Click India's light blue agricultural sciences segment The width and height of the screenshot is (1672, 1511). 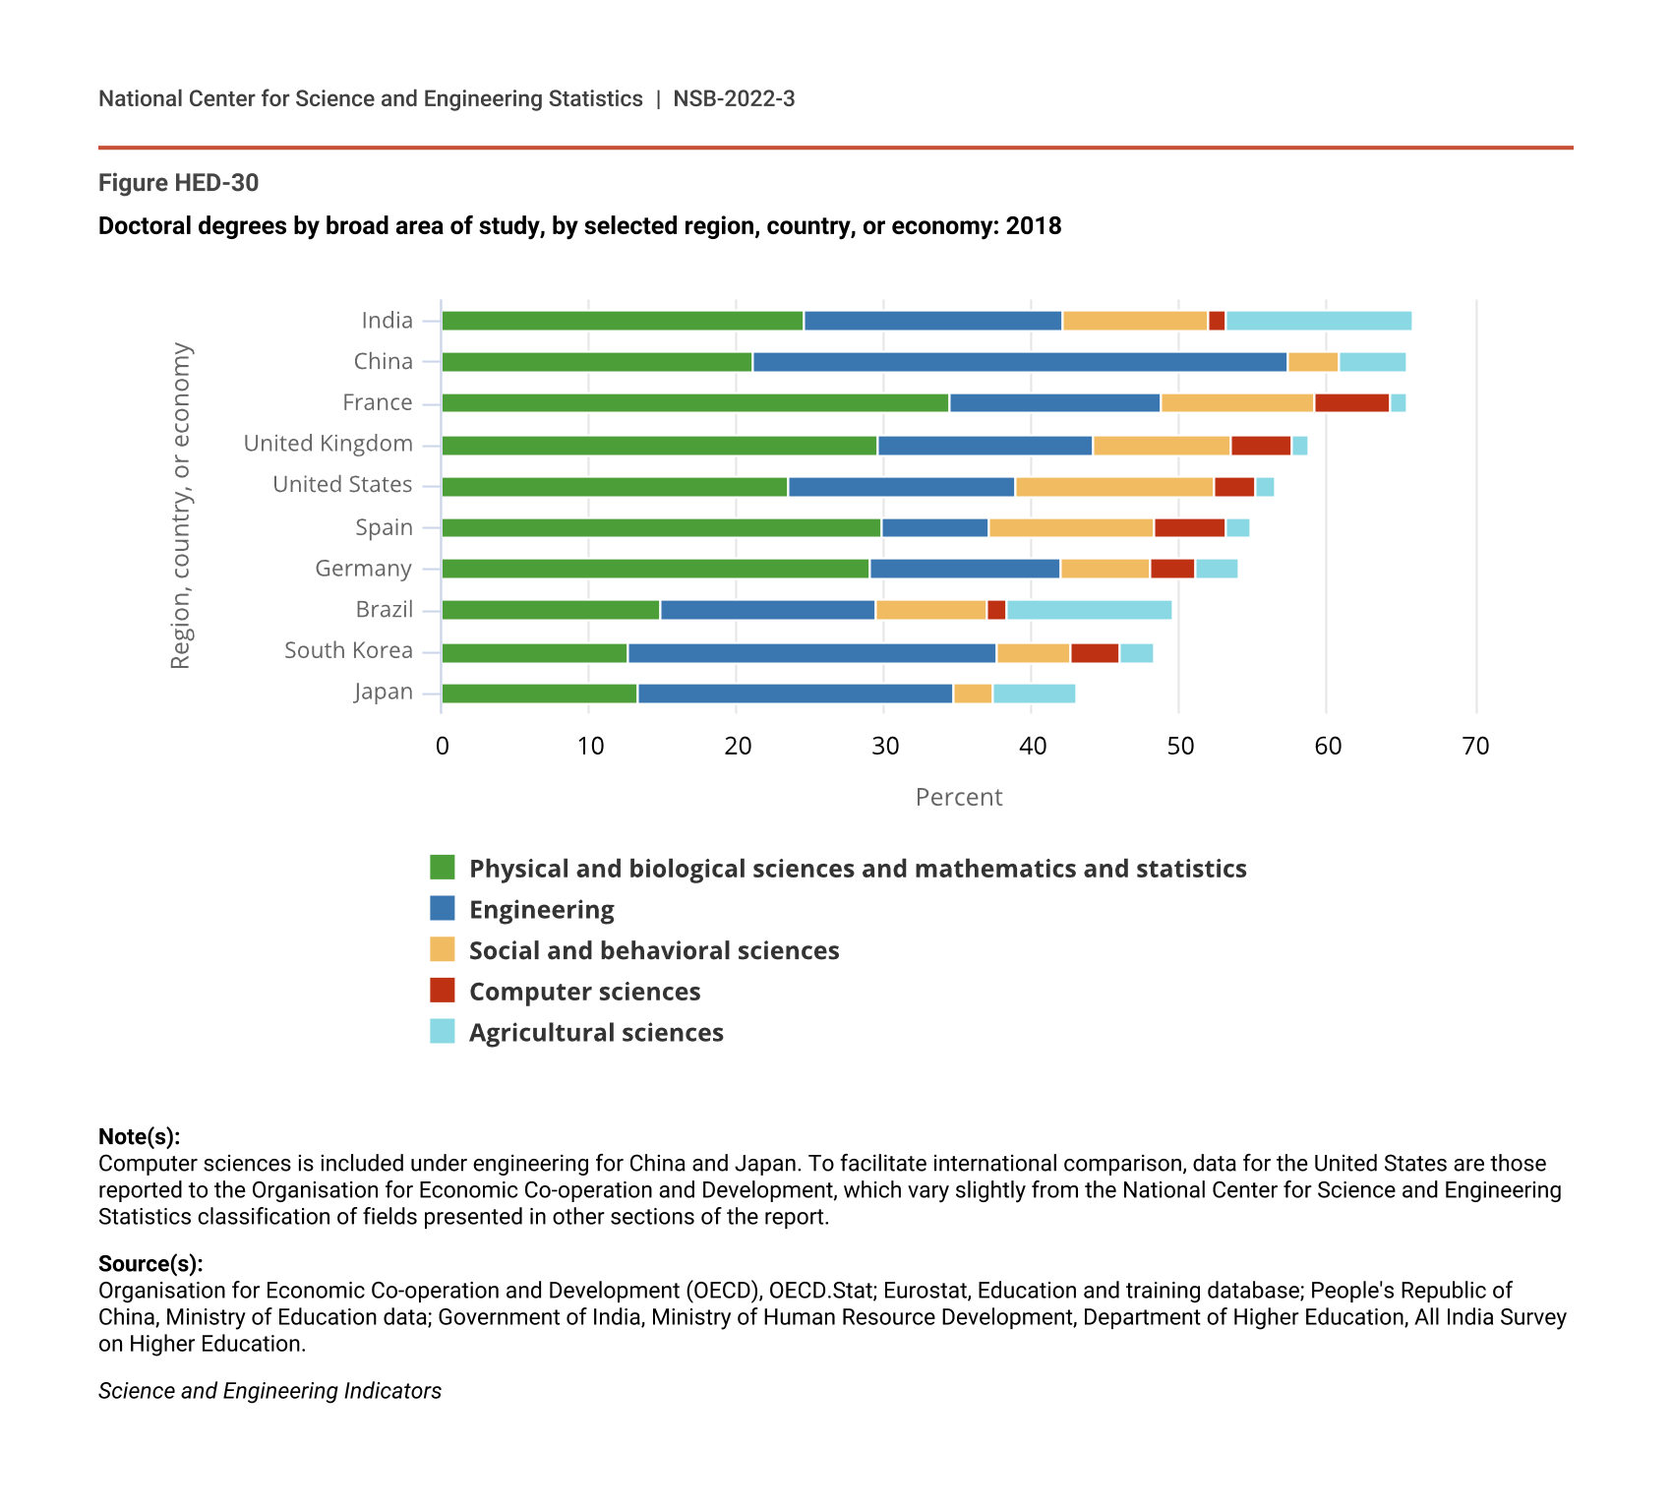1318,321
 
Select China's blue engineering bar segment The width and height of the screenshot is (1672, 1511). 1019,362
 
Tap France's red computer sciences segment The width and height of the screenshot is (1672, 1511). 1351,403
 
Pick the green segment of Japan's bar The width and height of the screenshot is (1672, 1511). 539,694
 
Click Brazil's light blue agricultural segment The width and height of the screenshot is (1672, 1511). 1089,610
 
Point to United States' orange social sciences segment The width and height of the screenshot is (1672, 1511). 1114,487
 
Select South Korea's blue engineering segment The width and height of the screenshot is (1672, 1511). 811,652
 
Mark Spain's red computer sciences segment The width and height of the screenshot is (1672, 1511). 1189,528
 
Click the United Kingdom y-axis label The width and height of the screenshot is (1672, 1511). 328,444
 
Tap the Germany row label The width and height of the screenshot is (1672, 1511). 363,569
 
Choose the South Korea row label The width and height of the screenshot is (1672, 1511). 348,651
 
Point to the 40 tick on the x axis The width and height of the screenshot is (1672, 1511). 1032,747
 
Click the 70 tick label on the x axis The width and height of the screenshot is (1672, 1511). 1475,747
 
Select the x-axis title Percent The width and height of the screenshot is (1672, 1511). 958,797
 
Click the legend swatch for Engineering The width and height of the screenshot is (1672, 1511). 443,909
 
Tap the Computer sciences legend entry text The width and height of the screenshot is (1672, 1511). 584,992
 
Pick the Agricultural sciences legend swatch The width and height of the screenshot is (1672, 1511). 443,1032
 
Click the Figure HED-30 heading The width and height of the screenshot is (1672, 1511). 178,183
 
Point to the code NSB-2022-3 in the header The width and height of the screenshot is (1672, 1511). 734,99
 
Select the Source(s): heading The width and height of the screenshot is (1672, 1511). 150,1264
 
